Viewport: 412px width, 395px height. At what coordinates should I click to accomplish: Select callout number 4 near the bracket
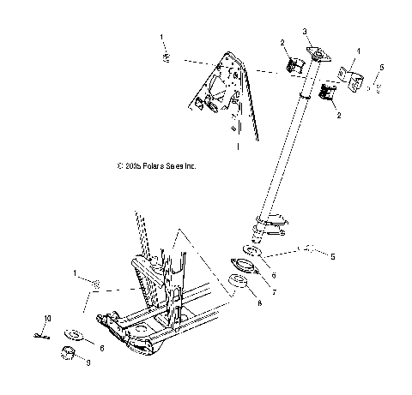358,51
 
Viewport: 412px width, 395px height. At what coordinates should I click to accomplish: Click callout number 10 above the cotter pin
47,318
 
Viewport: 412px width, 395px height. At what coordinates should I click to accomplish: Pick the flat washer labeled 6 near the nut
75,335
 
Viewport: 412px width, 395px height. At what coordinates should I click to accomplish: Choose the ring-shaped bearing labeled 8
238,283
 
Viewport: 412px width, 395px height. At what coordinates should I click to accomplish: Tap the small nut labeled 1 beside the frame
98,284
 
